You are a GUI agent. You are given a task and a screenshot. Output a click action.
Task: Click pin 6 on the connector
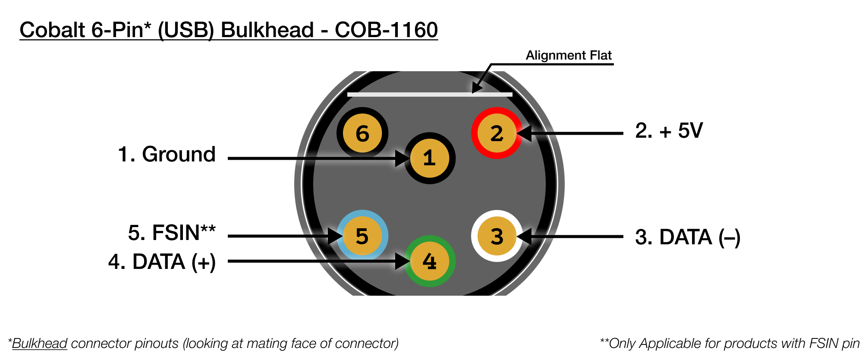362,133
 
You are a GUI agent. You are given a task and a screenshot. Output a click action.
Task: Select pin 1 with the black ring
429,158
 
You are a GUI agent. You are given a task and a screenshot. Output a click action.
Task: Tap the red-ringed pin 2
497,133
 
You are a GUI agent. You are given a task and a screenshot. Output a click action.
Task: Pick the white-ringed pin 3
497,236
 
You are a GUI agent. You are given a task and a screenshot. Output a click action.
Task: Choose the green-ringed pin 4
429,261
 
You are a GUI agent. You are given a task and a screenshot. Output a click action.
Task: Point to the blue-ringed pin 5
362,236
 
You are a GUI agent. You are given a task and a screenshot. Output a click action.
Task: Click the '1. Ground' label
167,154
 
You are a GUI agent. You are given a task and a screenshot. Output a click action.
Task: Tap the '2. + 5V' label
669,130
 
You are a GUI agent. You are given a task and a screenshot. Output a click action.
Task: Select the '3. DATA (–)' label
687,237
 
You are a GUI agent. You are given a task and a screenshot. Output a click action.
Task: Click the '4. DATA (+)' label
162,262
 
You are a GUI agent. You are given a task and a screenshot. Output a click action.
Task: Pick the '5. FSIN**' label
172,233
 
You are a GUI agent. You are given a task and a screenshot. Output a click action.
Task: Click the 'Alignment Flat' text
569,55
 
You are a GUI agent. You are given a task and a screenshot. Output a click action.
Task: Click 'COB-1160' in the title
386,30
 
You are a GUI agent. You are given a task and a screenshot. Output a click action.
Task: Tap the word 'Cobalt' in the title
52,30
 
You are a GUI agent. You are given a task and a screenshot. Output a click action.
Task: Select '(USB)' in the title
186,30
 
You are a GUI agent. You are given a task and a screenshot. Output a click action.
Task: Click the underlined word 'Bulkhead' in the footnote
40,344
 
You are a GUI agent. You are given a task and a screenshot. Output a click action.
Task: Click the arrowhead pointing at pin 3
524,237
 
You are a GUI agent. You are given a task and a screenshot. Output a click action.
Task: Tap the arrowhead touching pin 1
403,158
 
